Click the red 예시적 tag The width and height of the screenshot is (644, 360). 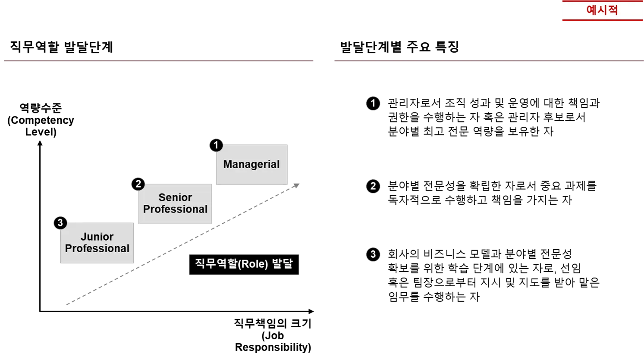(x=602, y=10)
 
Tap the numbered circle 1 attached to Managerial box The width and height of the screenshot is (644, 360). (x=216, y=145)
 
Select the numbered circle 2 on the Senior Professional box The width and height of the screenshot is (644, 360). (x=138, y=184)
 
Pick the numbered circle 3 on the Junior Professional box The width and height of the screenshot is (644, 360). (x=60, y=222)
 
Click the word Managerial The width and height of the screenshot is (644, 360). (x=251, y=164)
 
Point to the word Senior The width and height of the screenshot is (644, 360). (x=175, y=197)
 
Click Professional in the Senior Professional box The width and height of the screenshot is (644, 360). (x=175, y=209)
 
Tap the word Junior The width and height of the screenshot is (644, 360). (x=97, y=237)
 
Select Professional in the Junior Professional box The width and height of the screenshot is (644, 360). (x=97, y=248)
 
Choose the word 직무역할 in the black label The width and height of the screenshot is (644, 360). (x=216, y=263)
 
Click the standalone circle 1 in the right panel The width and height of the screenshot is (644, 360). (x=373, y=103)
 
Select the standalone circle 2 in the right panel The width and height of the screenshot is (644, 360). (x=373, y=186)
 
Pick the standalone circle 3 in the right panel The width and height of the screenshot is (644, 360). (x=373, y=254)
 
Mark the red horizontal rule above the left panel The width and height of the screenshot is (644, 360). (x=158, y=60)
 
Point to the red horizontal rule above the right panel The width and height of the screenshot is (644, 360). (x=487, y=60)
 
